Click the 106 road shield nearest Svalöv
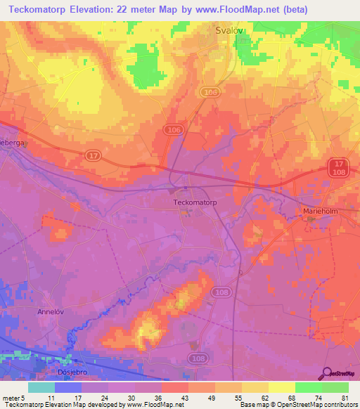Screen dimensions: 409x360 click(208, 92)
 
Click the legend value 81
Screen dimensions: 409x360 click(344, 398)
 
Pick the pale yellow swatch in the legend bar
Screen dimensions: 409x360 click(281, 387)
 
